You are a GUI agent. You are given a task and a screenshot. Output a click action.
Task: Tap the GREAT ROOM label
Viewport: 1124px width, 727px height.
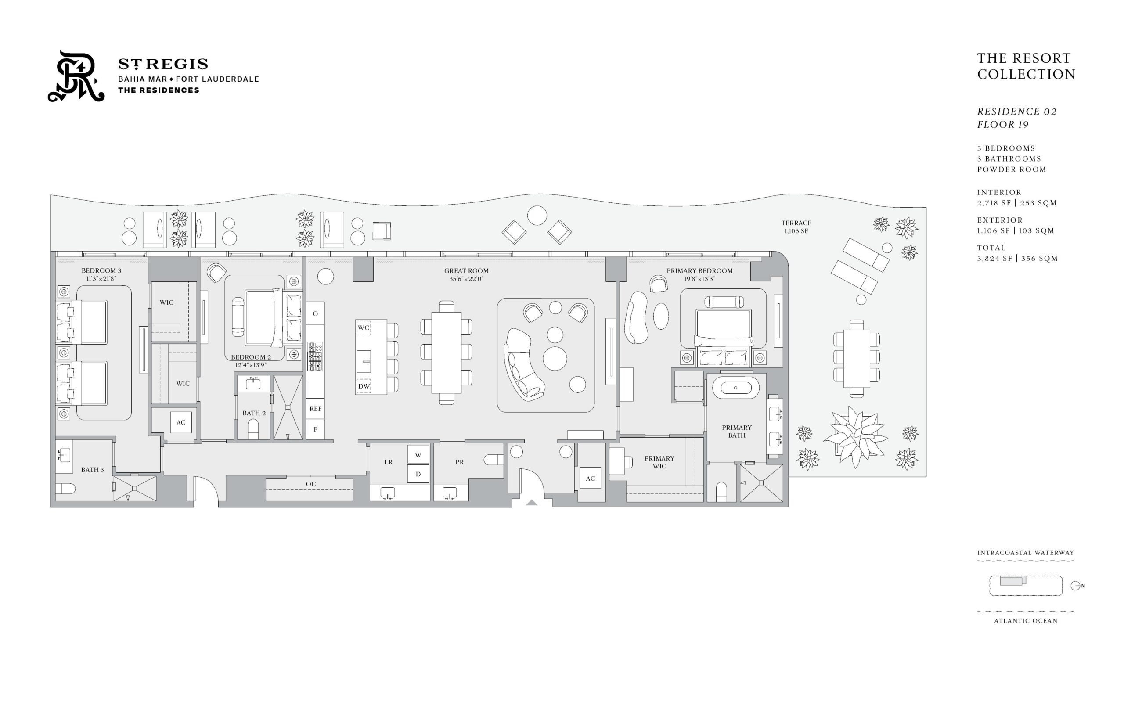tap(466, 271)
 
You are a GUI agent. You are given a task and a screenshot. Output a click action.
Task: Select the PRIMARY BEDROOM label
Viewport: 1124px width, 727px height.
tap(699, 271)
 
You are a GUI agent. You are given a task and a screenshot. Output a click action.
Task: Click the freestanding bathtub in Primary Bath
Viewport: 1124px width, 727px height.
tap(735, 388)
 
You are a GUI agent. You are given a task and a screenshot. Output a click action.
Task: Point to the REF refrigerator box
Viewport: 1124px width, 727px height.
tap(315, 409)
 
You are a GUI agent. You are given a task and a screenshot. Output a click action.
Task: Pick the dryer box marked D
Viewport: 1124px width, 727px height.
tap(418, 474)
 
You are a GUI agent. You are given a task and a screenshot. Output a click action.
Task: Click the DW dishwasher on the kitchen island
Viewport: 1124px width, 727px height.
tap(364, 386)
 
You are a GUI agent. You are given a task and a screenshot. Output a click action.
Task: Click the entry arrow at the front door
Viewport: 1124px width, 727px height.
tap(532, 503)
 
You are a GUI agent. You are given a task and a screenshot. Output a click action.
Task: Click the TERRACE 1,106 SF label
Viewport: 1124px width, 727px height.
tap(796, 227)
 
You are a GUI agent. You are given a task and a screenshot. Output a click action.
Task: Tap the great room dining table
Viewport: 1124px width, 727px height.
tap(446, 353)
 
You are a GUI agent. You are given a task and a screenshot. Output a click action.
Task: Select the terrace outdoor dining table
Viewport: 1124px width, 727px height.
tap(856, 359)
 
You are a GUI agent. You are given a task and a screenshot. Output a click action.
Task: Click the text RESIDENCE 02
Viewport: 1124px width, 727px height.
tap(1016, 112)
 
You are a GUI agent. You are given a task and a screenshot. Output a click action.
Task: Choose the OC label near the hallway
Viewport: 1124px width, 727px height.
tap(310, 484)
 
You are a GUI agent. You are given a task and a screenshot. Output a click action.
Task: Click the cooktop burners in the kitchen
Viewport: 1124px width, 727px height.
tap(315, 356)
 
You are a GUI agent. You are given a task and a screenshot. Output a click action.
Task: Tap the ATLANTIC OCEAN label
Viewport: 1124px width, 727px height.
tap(1025, 621)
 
